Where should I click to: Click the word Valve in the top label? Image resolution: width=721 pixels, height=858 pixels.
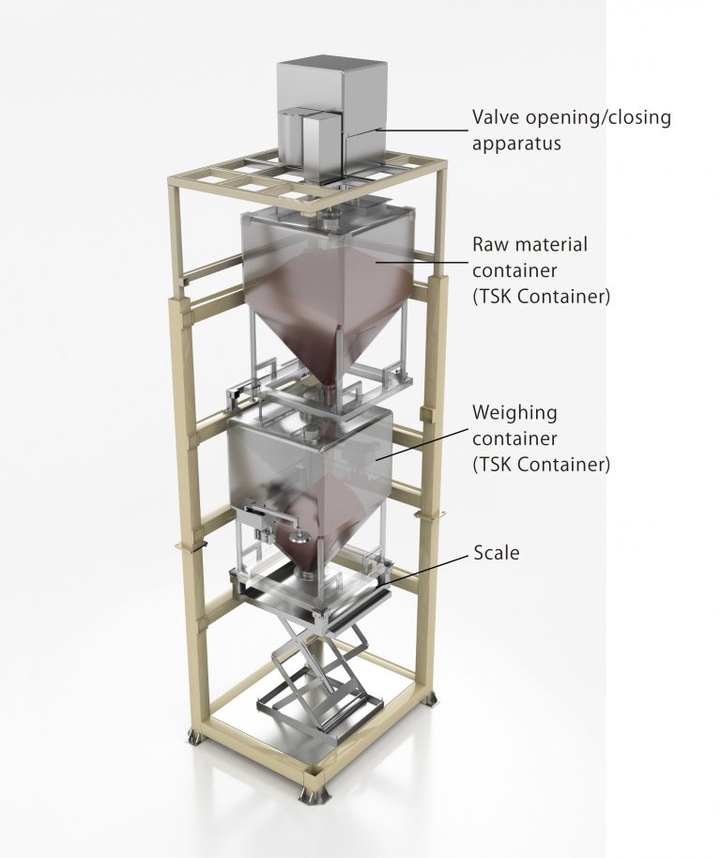coord(493,117)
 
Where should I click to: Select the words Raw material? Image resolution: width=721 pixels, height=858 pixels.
coord(529,245)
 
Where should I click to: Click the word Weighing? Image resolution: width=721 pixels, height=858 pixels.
coord(514,412)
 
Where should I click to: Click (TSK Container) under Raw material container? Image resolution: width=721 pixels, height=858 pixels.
coord(541,298)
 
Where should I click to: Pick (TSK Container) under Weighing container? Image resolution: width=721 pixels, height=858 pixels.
coord(541,464)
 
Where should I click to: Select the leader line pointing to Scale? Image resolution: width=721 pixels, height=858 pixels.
coord(432,568)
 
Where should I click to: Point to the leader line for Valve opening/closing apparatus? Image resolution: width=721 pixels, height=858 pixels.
coord(413,131)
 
